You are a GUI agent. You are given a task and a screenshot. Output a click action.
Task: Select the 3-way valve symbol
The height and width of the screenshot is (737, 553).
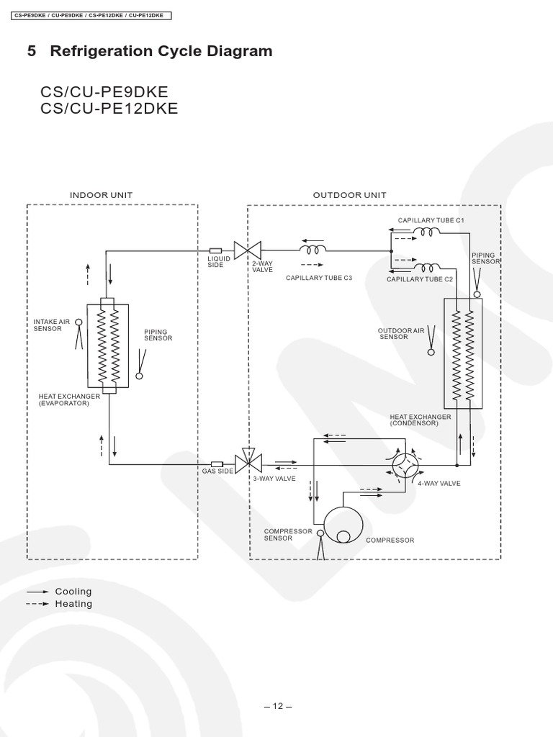[247, 463]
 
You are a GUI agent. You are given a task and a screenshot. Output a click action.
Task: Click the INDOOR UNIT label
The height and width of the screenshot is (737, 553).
[101, 195]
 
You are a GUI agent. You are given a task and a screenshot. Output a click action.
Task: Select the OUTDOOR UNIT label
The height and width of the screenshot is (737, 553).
[349, 195]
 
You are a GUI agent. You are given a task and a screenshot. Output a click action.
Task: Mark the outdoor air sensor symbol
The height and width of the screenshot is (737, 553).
[431, 340]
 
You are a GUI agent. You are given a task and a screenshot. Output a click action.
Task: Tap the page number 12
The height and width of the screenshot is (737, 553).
[277, 706]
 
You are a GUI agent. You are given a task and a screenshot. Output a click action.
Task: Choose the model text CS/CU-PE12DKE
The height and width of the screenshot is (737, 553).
[109, 109]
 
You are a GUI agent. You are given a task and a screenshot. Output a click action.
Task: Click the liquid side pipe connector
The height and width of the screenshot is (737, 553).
[215, 250]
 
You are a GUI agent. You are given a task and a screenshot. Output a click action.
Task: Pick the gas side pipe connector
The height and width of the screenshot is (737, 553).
[217, 464]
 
